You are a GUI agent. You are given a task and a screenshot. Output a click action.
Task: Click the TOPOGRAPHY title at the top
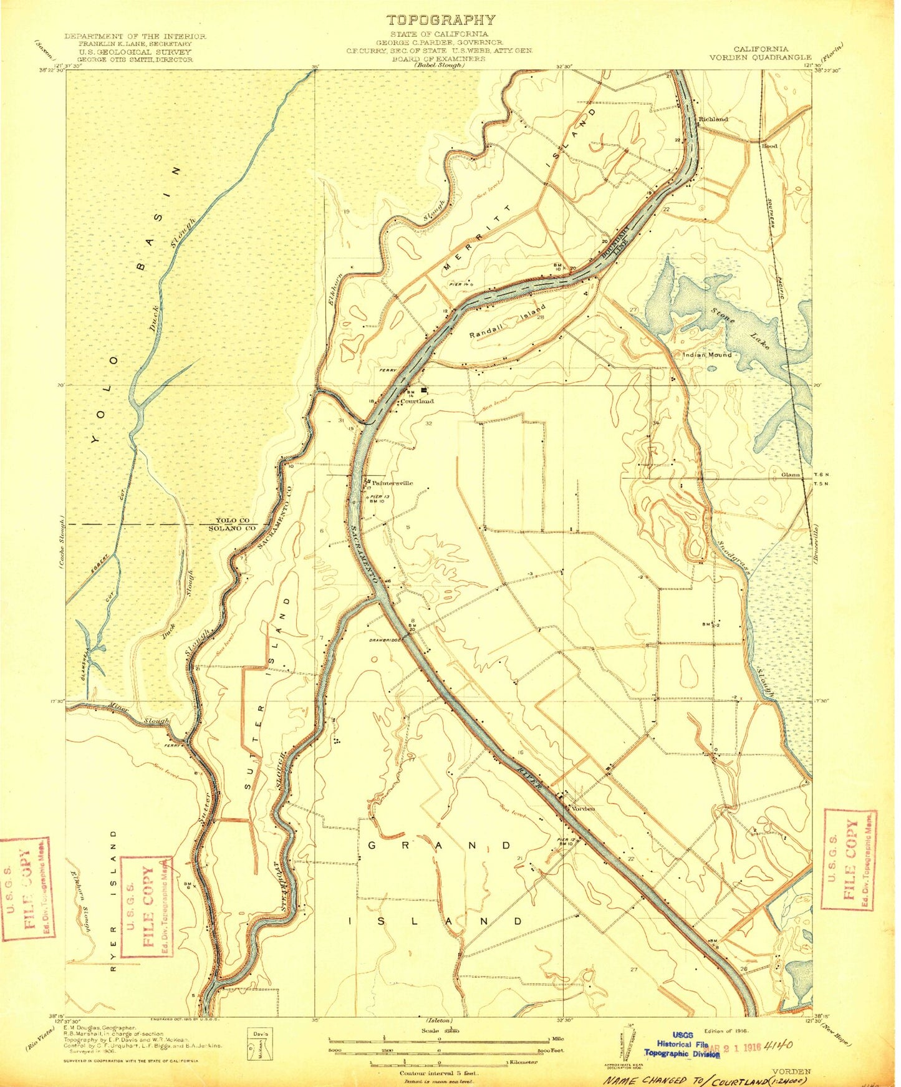click(440, 20)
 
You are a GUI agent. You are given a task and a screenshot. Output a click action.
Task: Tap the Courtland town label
click(417, 401)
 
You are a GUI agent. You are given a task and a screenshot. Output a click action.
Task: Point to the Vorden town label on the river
click(583, 809)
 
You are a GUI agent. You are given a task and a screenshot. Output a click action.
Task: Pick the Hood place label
click(769, 145)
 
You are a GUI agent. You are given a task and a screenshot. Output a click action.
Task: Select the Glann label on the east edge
click(791, 475)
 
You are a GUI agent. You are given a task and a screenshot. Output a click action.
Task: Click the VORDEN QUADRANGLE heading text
click(760, 57)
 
